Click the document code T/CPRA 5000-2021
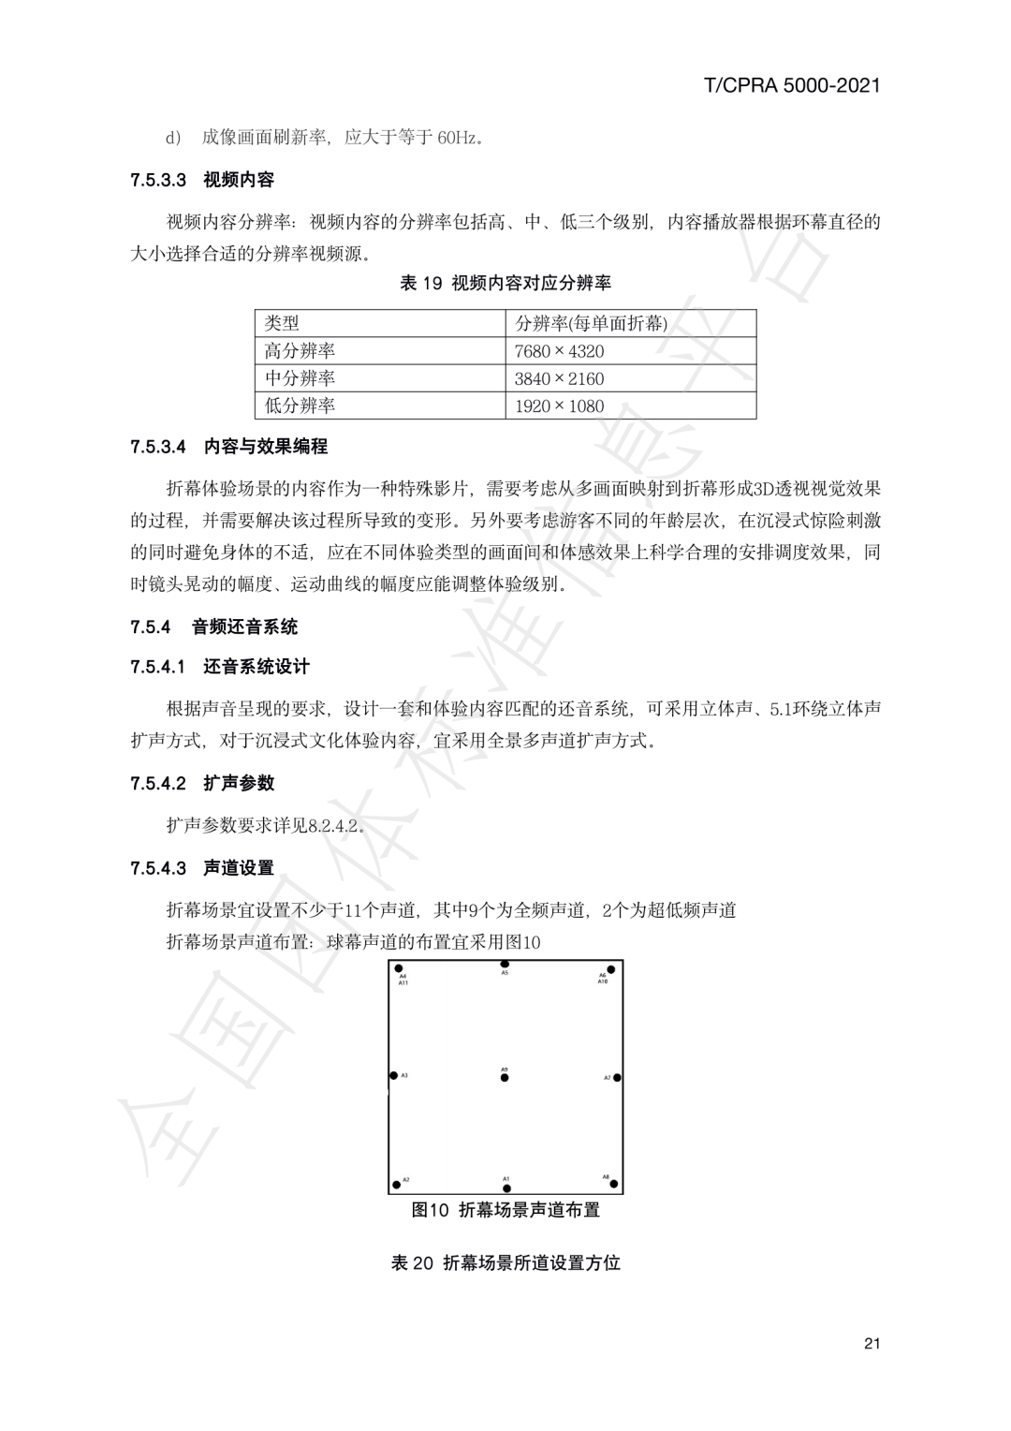(x=791, y=85)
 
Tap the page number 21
(x=872, y=1344)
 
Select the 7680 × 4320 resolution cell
(x=559, y=351)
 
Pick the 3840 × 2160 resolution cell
(x=559, y=378)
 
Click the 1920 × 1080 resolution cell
(x=559, y=406)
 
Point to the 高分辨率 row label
(x=300, y=351)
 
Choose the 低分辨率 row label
(x=300, y=406)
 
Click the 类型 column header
(x=282, y=323)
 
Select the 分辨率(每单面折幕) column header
(x=591, y=323)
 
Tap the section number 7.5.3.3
(x=159, y=180)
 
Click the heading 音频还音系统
(x=244, y=627)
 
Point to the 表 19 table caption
(x=505, y=283)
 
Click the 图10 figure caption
(x=505, y=1210)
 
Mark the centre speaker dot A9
(x=505, y=1078)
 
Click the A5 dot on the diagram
(x=505, y=964)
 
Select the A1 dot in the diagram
(x=505, y=1188)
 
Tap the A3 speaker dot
(x=394, y=1076)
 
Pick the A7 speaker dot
(x=617, y=1078)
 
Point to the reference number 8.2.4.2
(x=334, y=825)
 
